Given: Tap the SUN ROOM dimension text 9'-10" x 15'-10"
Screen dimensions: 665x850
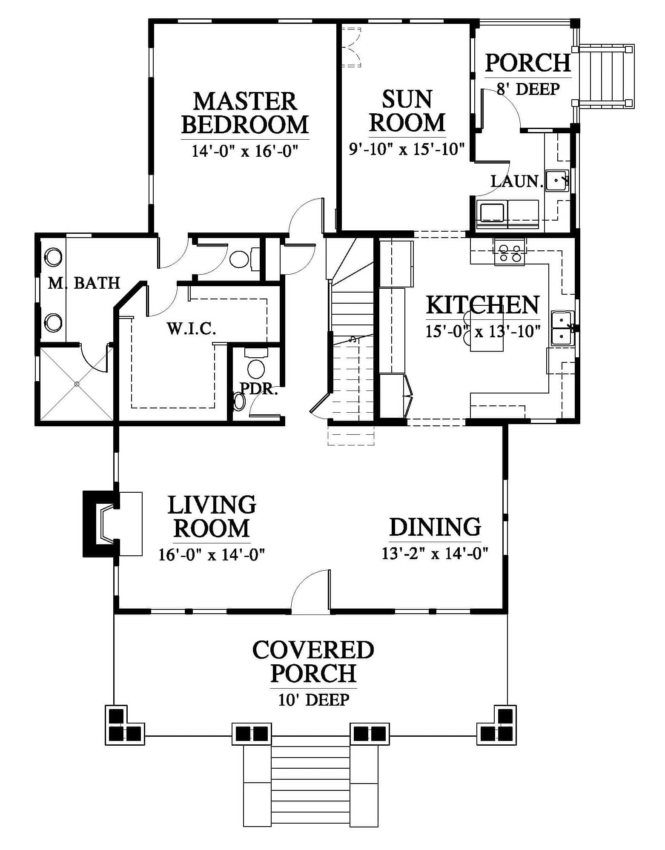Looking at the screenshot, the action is (x=406, y=149).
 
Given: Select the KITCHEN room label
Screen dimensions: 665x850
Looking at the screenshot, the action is (x=483, y=305).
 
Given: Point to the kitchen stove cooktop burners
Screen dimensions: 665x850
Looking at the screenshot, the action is (x=510, y=253).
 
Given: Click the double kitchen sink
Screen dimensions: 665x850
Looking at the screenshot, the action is (x=562, y=327).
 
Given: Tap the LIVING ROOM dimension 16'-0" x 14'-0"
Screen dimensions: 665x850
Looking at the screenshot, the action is (x=212, y=554).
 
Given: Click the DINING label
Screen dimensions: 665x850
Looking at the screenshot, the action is (x=435, y=527).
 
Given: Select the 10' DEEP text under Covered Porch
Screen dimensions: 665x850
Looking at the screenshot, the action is (x=314, y=700).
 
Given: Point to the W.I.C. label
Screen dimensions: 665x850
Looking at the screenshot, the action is (x=191, y=329).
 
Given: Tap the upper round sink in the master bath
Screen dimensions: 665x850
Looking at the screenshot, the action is (x=54, y=257).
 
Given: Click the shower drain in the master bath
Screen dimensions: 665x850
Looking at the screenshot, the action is (x=77, y=384).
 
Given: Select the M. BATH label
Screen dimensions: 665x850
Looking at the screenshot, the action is (x=84, y=283).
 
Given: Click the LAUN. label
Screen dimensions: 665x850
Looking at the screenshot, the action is (x=517, y=181).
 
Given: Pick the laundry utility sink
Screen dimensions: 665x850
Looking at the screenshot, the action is (x=557, y=181).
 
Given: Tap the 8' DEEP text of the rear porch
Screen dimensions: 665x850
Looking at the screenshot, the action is (x=528, y=89).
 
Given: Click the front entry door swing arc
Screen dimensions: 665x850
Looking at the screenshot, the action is (x=310, y=591).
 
